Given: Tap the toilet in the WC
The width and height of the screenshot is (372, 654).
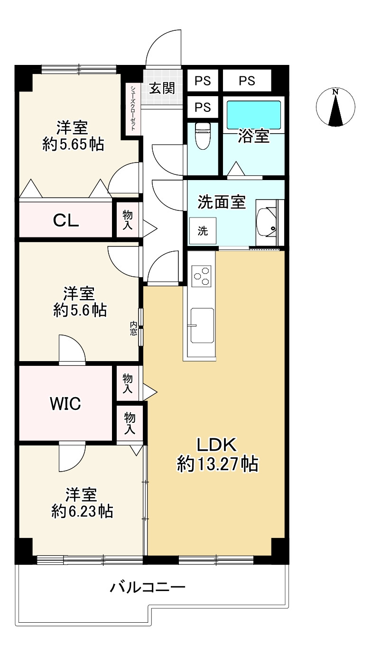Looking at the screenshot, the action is pyautogui.click(x=203, y=136).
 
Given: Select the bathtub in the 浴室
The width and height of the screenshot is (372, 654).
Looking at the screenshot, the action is pyautogui.click(x=254, y=115).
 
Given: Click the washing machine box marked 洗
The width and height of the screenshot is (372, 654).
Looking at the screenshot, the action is pyautogui.click(x=203, y=231).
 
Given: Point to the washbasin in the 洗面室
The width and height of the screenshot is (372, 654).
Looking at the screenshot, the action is pyautogui.click(x=267, y=223).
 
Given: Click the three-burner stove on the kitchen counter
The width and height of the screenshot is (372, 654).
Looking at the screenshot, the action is pyautogui.click(x=201, y=276).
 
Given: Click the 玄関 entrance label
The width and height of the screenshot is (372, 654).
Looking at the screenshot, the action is pyautogui.click(x=162, y=88).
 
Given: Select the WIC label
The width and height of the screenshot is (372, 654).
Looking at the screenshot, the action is pyautogui.click(x=65, y=404).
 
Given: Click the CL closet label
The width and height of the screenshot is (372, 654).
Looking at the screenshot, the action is pyautogui.click(x=66, y=221).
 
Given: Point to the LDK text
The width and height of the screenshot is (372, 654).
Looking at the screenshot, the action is pyautogui.click(x=216, y=445).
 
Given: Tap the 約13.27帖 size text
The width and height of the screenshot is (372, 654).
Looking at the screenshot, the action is pyautogui.click(x=218, y=464).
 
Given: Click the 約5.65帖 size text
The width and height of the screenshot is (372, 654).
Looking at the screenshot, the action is pyautogui.click(x=73, y=144).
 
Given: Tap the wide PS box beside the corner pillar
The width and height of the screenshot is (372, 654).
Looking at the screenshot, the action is pyautogui.click(x=247, y=81).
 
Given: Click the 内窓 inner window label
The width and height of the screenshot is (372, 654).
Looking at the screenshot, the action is pyautogui.click(x=133, y=328).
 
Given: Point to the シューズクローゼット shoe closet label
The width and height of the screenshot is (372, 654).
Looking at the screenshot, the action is pyautogui.click(x=133, y=108).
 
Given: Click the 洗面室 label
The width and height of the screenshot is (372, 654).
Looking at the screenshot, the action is pyautogui.click(x=222, y=202).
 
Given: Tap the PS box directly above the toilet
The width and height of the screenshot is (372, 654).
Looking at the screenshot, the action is pyautogui.click(x=203, y=107).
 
